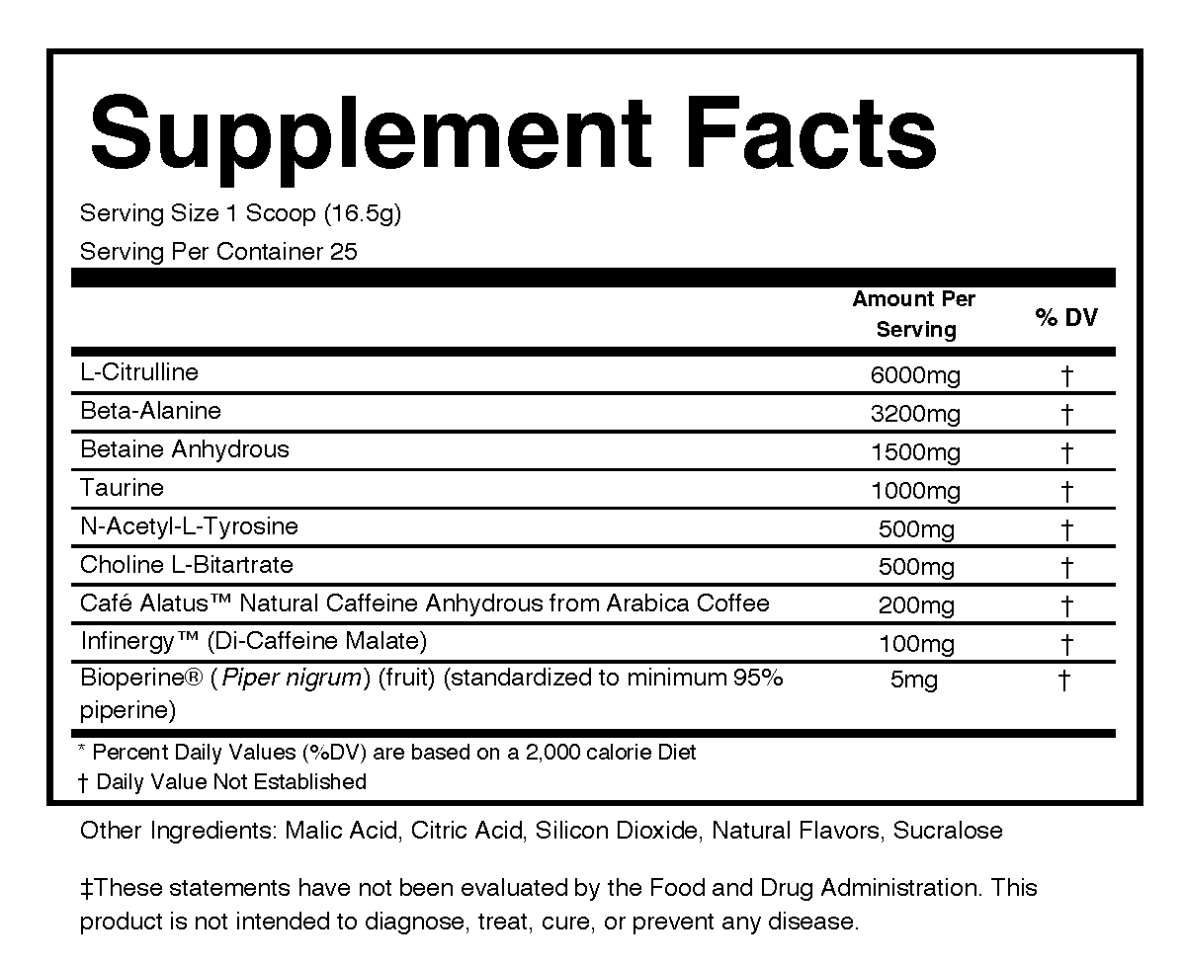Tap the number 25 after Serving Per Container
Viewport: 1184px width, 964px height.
coord(344,252)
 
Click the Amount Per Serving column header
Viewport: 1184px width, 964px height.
coord(914,314)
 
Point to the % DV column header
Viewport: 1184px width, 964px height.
coord(1066,317)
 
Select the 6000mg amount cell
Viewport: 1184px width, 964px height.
coord(915,375)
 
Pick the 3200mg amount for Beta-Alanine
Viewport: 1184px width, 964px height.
coord(915,414)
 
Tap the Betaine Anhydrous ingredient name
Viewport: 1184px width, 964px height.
coord(185,449)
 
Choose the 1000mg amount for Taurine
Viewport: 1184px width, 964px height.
coord(915,491)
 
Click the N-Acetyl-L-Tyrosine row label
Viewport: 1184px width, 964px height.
coord(189,526)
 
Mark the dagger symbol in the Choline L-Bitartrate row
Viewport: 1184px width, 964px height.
coord(1066,568)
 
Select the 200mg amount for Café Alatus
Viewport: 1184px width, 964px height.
coord(916,606)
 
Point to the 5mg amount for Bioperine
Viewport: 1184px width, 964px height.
coord(914,681)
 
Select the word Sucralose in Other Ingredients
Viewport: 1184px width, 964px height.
coord(948,831)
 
